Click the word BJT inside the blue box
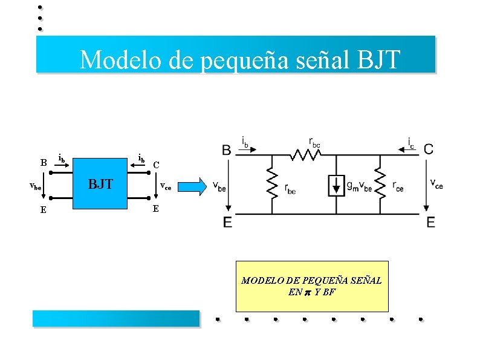click(x=100, y=184)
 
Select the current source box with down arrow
click(x=336, y=186)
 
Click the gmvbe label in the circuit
click(x=358, y=186)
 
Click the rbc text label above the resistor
click(x=315, y=142)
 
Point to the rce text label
click(x=398, y=186)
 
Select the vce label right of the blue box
click(x=165, y=187)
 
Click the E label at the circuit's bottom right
click(x=430, y=223)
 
